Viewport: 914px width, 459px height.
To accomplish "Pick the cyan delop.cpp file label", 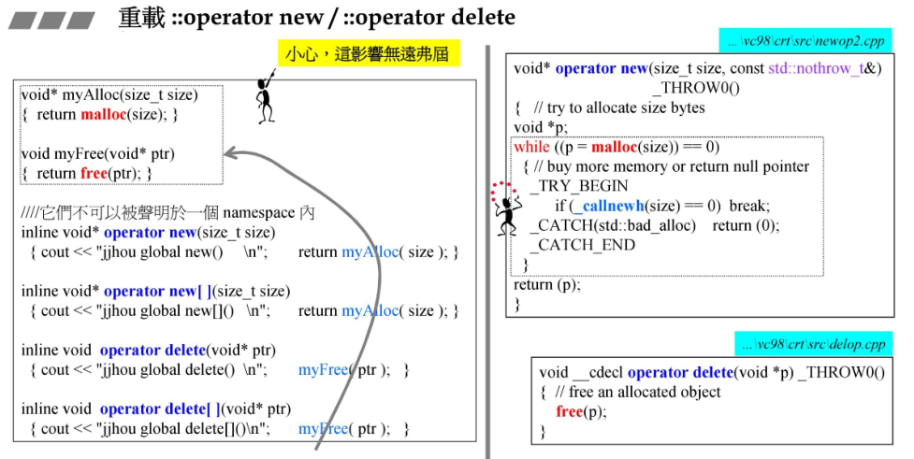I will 814,344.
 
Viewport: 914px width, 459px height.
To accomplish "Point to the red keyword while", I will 531,147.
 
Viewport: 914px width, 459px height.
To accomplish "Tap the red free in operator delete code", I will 568,411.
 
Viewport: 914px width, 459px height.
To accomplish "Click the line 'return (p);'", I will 546,284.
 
